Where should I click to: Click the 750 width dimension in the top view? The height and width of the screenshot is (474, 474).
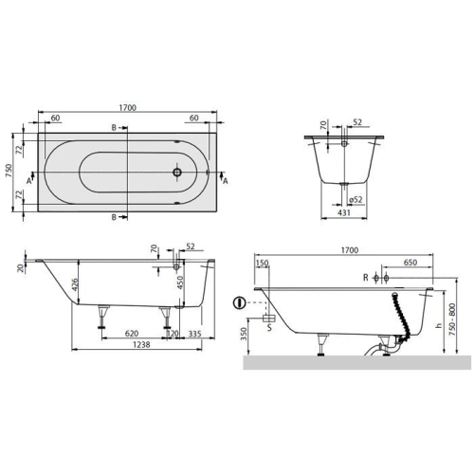click(x=9, y=171)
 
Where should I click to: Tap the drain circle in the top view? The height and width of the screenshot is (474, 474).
click(x=177, y=173)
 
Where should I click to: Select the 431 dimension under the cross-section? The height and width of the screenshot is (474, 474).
click(x=344, y=212)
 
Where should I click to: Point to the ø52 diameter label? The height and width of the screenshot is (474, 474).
click(x=355, y=200)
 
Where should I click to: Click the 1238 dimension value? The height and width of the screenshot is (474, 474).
click(x=141, y=344)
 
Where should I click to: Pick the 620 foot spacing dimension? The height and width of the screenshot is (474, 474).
click(x=132, y=334)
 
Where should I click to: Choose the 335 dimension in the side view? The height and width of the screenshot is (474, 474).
click(x=194, y=334)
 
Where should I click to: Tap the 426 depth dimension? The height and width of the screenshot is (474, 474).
click(x=74, y=285)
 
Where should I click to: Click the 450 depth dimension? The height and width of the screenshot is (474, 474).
click(x=180, y=283)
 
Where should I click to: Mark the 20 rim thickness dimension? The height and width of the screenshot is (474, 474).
click(x=21, y=268)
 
